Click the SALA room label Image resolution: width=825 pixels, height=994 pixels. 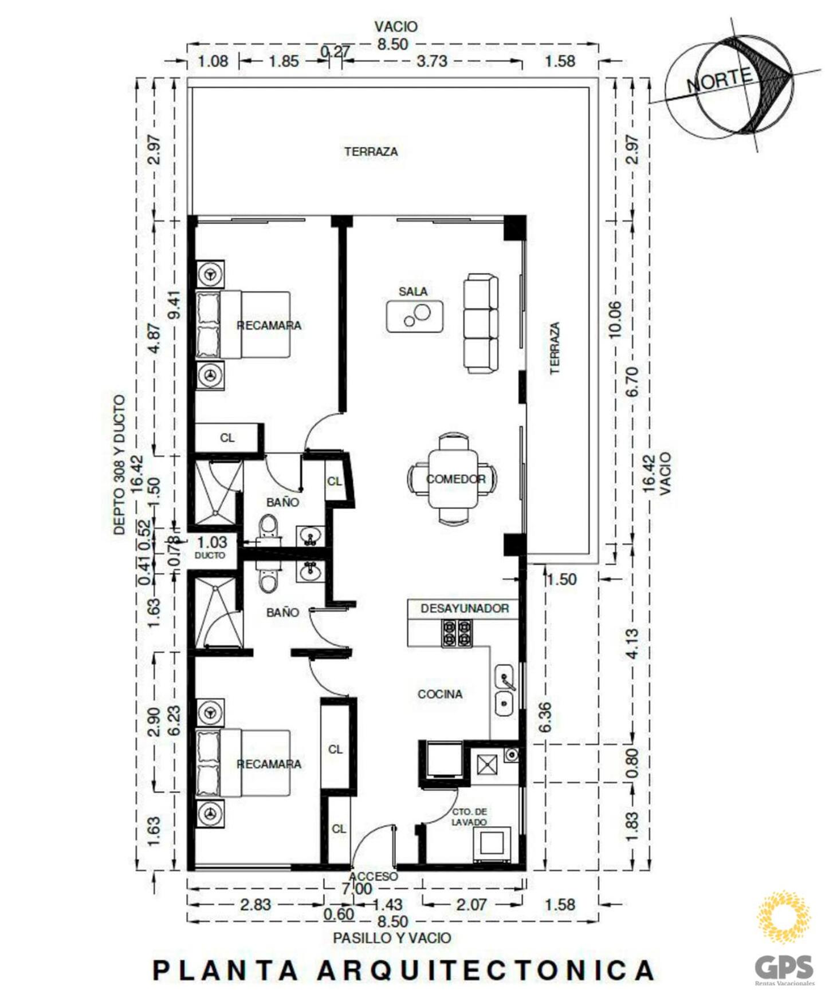pos(412,291)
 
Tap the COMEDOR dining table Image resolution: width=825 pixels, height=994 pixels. pos(453,479)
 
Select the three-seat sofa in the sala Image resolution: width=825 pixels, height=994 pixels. pos(480,324)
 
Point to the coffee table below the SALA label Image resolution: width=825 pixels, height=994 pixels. pos(415,316)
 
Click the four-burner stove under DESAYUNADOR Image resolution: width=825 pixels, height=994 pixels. pos(457,633)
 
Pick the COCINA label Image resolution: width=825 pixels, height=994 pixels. pos(440,694)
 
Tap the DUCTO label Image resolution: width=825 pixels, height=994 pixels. pos(210,555)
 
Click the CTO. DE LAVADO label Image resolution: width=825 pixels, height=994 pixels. pos(469,817)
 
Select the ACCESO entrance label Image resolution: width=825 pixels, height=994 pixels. pos(374,877)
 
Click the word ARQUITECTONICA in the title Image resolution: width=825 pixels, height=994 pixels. pos(486,970)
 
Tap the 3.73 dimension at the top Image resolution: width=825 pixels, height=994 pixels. pos(431,61)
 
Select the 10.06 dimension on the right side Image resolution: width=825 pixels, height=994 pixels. pos(615,319)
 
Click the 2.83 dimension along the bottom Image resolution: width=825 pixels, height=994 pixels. pos(256,905)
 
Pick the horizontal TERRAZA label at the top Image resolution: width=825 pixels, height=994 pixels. pos(371,152)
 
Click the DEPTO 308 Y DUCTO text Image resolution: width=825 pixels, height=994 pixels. pos(119,464)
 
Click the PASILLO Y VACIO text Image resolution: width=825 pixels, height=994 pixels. pos(392,938)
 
